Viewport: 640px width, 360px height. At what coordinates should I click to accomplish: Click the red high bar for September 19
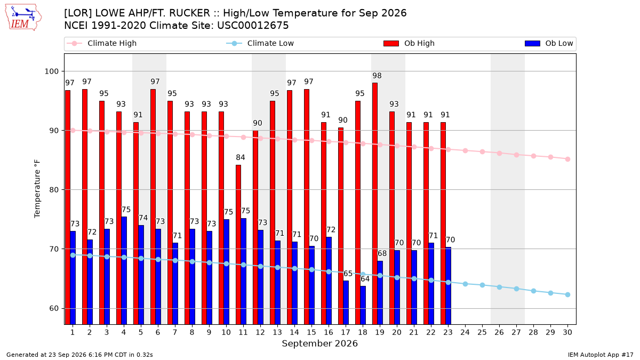pyautogui.click(x=374, y=203)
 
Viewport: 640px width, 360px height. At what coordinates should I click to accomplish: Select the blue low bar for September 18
pyautogui.click(x=363, y=305)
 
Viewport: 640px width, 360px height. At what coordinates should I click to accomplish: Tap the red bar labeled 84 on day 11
pyautogui.click(x=238, y=245)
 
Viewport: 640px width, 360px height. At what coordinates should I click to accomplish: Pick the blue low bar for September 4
pyautogui.click(x=124, y=270)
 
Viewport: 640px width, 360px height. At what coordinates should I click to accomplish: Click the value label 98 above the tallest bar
pyautogui.click(x=377, y=76)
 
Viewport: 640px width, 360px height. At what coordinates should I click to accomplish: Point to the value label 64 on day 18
pyautogui.click(x=365, y=279)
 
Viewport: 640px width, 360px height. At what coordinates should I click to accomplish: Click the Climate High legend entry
pyautogui.click(x=102, y=43)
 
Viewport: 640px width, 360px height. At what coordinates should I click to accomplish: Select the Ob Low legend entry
pyautogui.click(x=549, y=43)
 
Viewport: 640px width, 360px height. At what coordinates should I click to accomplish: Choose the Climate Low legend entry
pyautogui.click(x=260, y=43)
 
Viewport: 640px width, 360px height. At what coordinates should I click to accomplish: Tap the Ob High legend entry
pyautogui.click(x=409, y=43)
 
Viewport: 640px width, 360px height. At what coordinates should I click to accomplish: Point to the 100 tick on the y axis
pyautogui.click(x=51, y=71)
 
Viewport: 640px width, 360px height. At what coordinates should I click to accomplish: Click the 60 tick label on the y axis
pyautogui.click(x=54, y=309)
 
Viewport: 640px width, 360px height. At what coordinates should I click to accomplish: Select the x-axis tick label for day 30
pyautogui.click(x=567, y=332)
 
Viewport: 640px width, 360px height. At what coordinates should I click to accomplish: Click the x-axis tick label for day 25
pyautogui.click(x=482, y=332)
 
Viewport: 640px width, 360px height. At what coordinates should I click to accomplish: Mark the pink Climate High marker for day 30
pyautogui.click(x=567, y=159)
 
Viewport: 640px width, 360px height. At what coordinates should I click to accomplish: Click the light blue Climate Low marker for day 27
pyautogui.click(x=516, y=289)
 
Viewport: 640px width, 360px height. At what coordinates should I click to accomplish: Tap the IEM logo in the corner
pyautogui.click(x=23, y=18)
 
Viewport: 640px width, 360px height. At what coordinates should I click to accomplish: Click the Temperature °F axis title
pyautogui.click(x=37, y=189)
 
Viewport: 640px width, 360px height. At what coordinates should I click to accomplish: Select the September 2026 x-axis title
pyautogui.click(x=319, y=343)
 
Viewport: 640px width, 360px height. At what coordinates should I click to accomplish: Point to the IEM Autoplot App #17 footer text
pyautogui.click(x=601, y=355)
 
